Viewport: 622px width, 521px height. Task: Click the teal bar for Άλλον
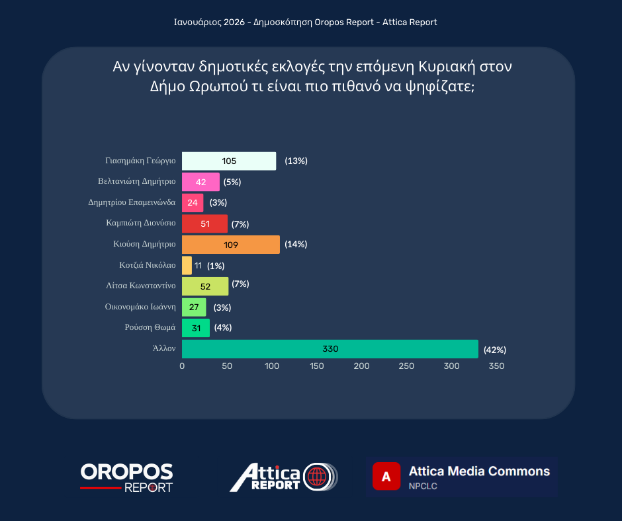click(x=330, y=349)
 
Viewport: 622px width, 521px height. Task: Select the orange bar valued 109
click(x=230, y=245)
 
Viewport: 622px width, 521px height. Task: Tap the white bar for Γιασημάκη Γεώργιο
click(x=229, y=161)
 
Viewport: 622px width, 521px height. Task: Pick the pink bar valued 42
click(x=200, y=182)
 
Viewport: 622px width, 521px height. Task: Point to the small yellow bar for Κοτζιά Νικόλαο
click(x=187, y=265)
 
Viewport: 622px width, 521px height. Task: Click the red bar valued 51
click(x=204, y=223)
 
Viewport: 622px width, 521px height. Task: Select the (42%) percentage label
click(x=495, y=350)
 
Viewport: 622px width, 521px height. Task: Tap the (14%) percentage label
click(x=296, y=245)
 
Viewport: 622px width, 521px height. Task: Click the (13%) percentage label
click(x=296, y=161)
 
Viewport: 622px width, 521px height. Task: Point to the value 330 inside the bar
click(x=330, y=349)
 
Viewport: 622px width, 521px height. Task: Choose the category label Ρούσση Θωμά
click(x=150, y=327)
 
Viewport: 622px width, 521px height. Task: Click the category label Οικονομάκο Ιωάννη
click(x=140, y=307)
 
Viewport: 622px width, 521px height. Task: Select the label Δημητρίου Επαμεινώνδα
click(x=132, y=202)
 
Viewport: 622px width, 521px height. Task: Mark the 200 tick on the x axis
click(x=361, y=366)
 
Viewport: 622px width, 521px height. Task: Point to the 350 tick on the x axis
click(x=496, y=366)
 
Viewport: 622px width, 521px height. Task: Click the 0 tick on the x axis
click(x=182, y=366)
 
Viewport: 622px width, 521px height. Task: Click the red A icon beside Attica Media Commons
click(x=386, y=476)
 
